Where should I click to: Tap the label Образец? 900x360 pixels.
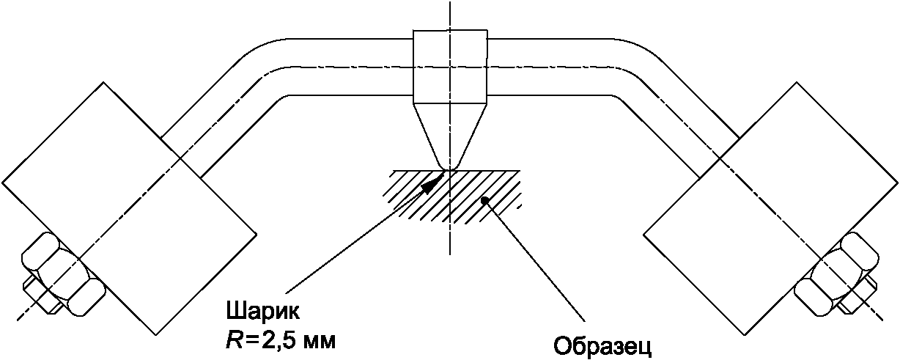602,345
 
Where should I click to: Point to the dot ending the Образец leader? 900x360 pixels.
484,199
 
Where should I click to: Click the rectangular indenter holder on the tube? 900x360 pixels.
449,66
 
